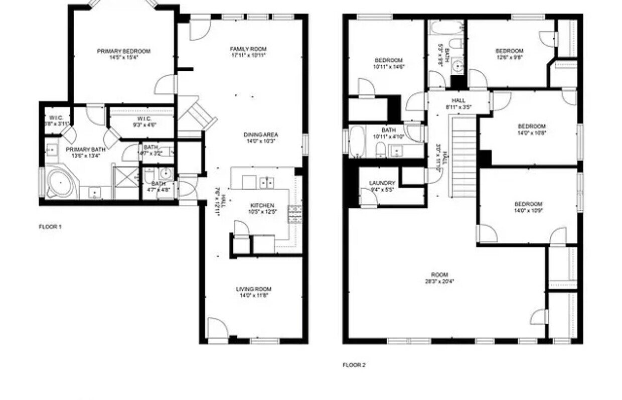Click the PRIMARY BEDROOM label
point(123,51)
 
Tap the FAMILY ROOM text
point(248,49)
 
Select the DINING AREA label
point(260,135)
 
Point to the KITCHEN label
point(262,206)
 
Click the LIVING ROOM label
point(253,289)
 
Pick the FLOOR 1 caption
point(50,227)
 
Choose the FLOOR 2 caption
point(354,365)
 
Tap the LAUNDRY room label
point(382,183)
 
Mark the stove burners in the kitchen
point(294,214)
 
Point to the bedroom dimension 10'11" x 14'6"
point(388,66)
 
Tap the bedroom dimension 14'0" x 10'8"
point(531,133)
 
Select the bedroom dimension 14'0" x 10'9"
point(528,210)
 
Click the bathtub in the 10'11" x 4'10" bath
point(357,142)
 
